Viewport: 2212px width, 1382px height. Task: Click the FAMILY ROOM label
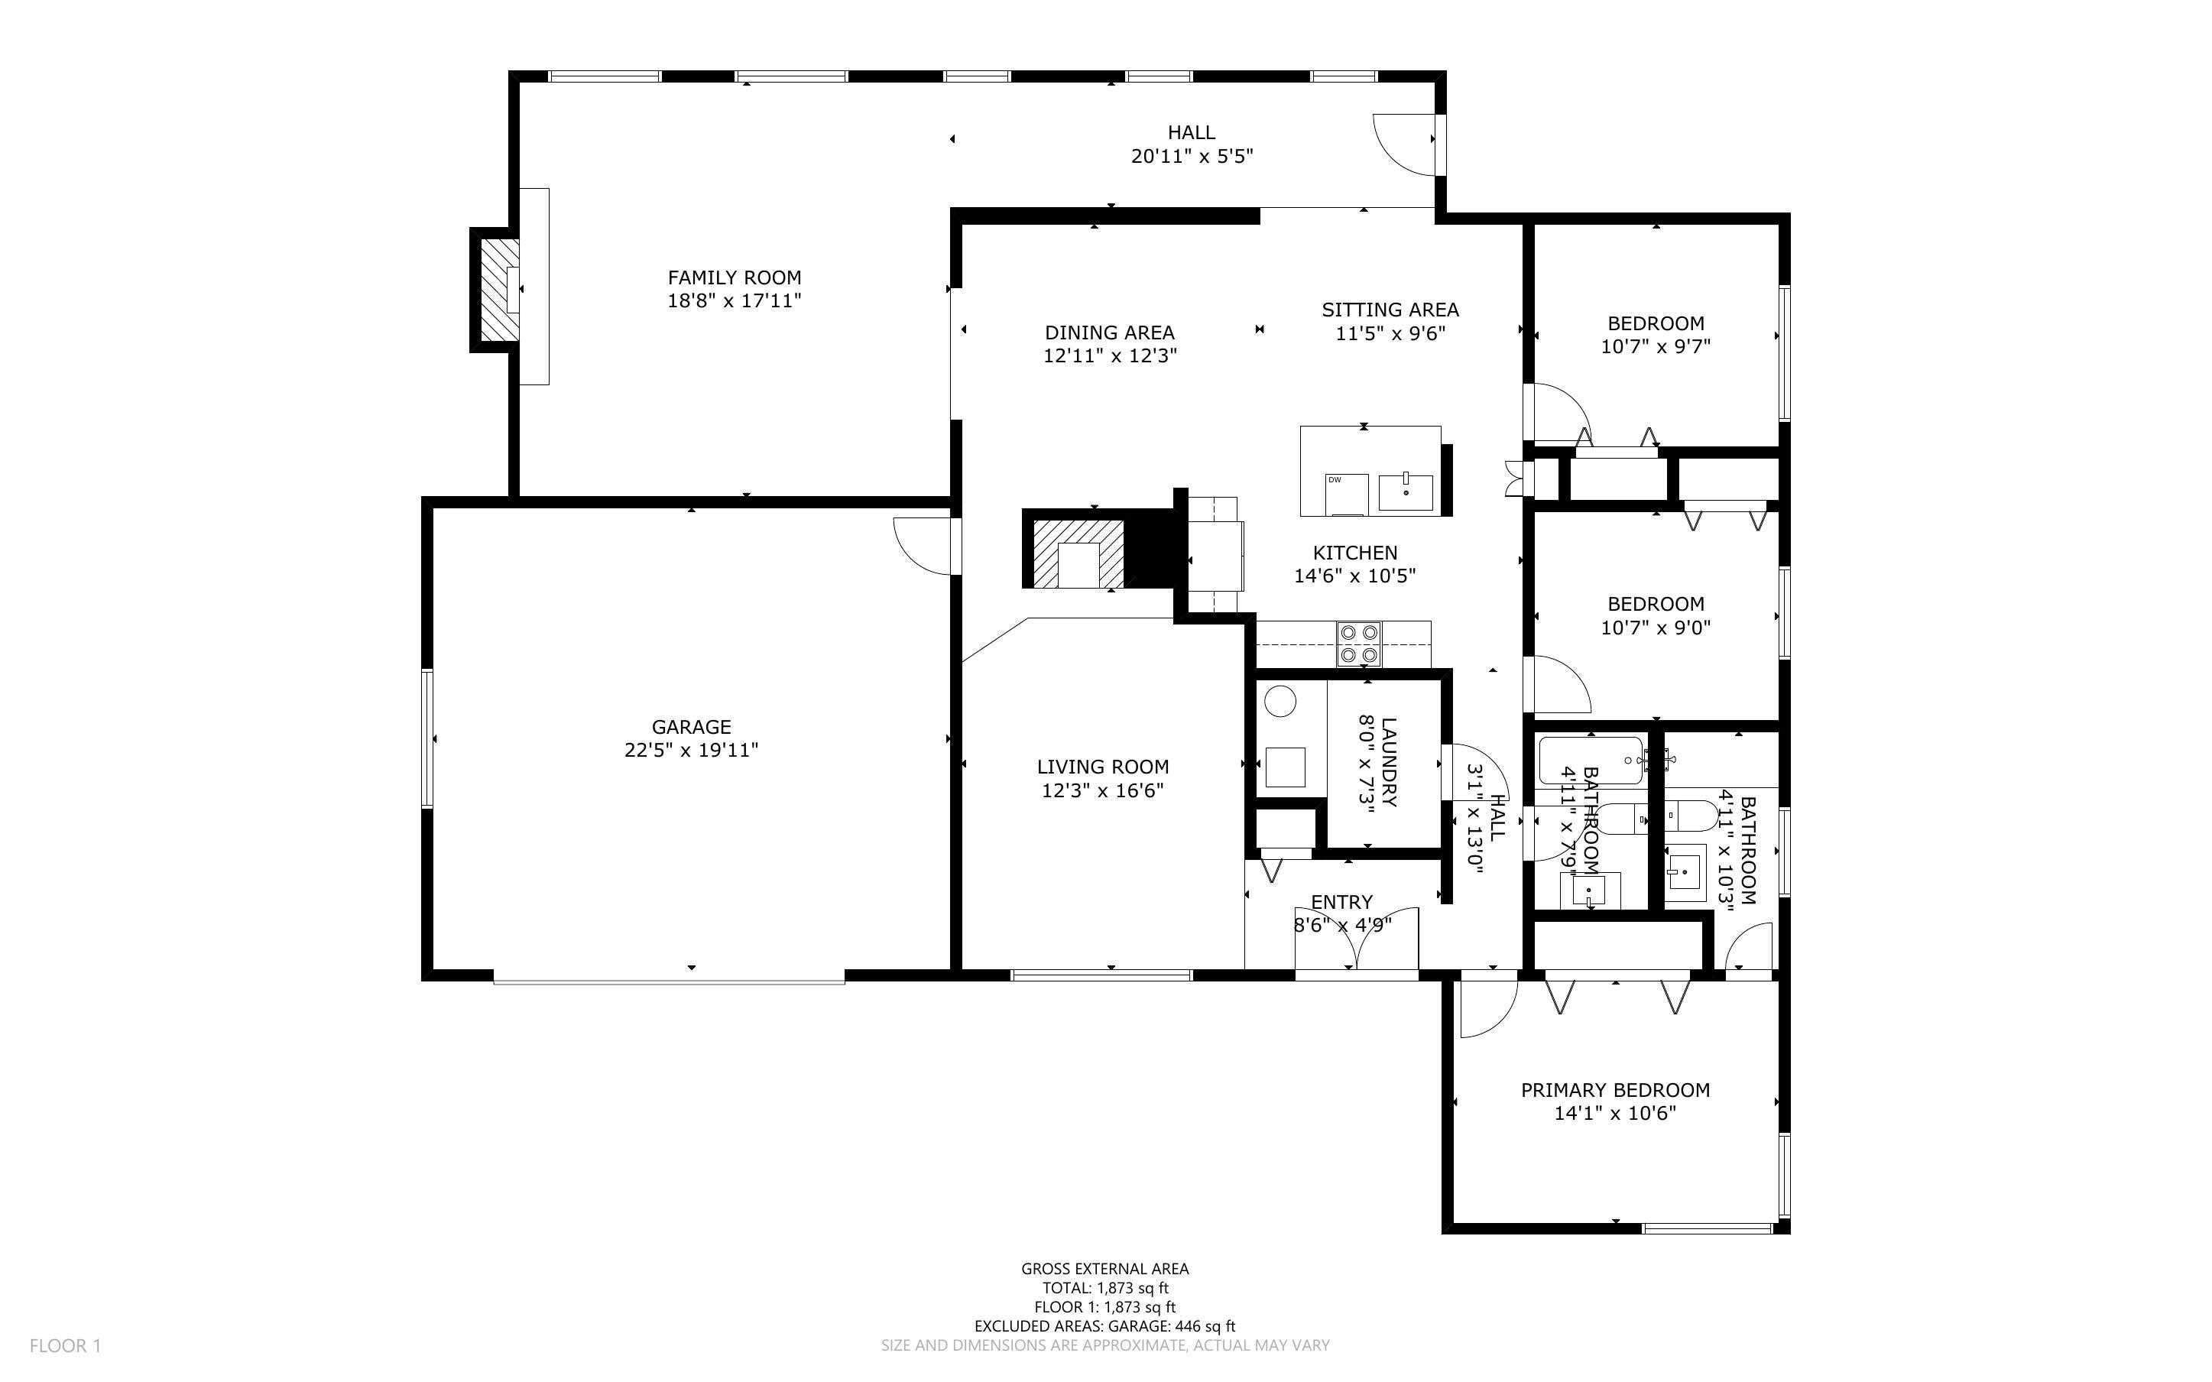click(734, 277)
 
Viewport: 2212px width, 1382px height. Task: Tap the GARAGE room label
click(691, 727)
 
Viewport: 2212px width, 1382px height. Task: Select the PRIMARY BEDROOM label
click(1614, 1089)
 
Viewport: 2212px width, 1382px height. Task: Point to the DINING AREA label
click(1109, 333)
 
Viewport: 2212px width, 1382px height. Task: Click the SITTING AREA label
click(1390, 310)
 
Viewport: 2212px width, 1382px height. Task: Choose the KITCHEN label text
click(1355, 552)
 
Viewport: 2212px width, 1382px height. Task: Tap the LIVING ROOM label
click(1103, 767)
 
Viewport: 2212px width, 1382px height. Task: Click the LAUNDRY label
click(1389, 761)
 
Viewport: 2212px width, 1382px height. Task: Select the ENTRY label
click(1341, 902)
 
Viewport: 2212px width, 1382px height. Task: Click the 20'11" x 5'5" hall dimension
click(1192, 156)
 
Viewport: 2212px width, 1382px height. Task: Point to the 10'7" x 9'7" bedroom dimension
click(1656, 346)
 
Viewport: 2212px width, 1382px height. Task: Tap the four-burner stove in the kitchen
click(1359, 644)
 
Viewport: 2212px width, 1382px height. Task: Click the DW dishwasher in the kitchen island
click(1347, 494)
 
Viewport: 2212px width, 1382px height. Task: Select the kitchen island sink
click(1405, 491)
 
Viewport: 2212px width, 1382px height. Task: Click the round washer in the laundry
click(1280, 702)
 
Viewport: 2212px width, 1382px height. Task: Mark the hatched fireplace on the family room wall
click(500, 290)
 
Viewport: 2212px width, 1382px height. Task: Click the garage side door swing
click(923, 546)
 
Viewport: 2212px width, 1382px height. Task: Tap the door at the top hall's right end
click(1404, 144)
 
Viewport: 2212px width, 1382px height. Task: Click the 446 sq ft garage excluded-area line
click(1104, 1325)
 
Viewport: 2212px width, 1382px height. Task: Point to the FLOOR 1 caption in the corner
click(65, 1345)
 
